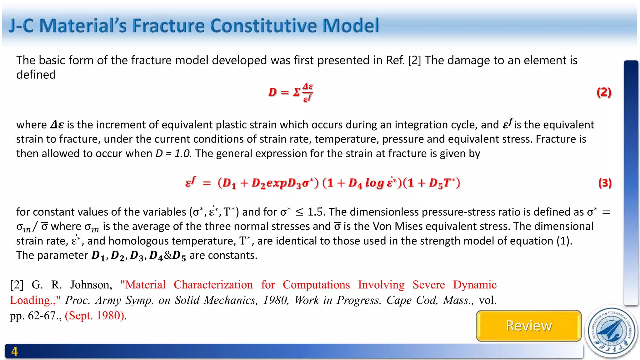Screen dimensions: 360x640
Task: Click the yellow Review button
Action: click(x=529, y=326)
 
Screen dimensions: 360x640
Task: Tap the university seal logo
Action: click(x=612, y=332)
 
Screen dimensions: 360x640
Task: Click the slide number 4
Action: click(x=14, y=352)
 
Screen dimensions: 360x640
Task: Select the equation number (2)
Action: click(x=604, y=92)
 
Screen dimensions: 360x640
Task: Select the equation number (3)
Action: click(x=605, y=183)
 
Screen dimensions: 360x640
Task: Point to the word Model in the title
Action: click(x=351, y=26)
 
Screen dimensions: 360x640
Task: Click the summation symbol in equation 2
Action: click(x=296, y=92)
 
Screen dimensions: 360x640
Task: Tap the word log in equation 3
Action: click(x=374, y=183)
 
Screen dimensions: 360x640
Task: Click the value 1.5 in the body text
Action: click(x=315, y=212)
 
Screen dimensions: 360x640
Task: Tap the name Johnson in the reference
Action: click(x=91, y=285)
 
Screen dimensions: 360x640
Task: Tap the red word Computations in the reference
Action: click(x=316, y=285)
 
